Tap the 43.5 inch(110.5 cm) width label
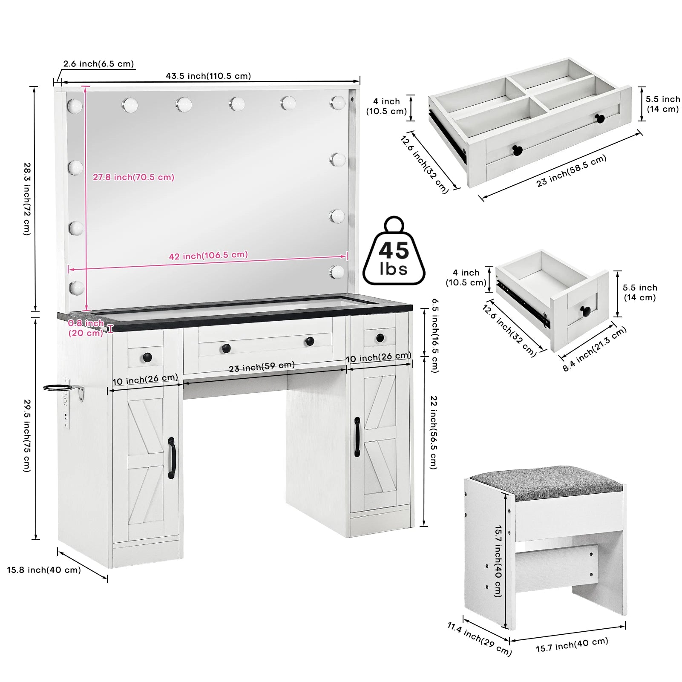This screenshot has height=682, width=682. [208, 76]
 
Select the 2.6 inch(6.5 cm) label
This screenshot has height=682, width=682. [98, 64]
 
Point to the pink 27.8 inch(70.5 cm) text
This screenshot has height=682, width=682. [133, 177]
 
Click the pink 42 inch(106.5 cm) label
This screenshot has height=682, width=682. [208, 255]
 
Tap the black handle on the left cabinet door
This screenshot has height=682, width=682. [171, 458]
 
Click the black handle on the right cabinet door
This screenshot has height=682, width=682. [357, 437]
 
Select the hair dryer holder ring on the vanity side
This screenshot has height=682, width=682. [60, 387]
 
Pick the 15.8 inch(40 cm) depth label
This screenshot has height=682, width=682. [43, 570]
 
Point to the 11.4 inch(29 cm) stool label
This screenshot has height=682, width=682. [479, 639]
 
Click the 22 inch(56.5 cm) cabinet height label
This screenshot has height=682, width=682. [433, 432]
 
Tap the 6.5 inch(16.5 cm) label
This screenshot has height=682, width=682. [435, 335]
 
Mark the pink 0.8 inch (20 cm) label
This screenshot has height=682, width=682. [86, 328]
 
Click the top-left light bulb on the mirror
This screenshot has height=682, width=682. [75, 106]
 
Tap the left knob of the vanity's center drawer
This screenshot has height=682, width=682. [226, 348]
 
